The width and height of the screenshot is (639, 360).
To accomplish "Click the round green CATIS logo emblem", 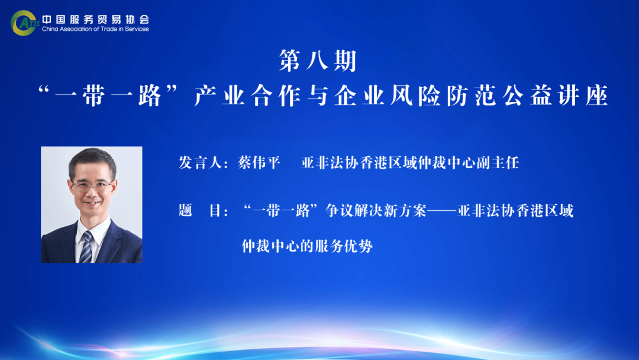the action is coord(23,23).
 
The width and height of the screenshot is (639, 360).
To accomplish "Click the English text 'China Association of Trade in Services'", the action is coord(95,29).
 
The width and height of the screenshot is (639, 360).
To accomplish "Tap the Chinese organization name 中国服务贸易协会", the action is coord(96,19).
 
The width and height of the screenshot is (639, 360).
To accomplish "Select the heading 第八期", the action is coord(318,61).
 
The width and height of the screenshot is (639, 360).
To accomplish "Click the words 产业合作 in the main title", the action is coord(247,96).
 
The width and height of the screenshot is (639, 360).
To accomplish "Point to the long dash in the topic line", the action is coord(441,211).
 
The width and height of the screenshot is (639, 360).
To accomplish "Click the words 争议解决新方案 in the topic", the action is coord(376,211).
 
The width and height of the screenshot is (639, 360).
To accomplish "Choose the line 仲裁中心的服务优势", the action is coord(307,246).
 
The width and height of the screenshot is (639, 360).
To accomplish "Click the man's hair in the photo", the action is coord(92,160).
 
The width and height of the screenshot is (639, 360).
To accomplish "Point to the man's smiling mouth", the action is coord(92,202).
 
